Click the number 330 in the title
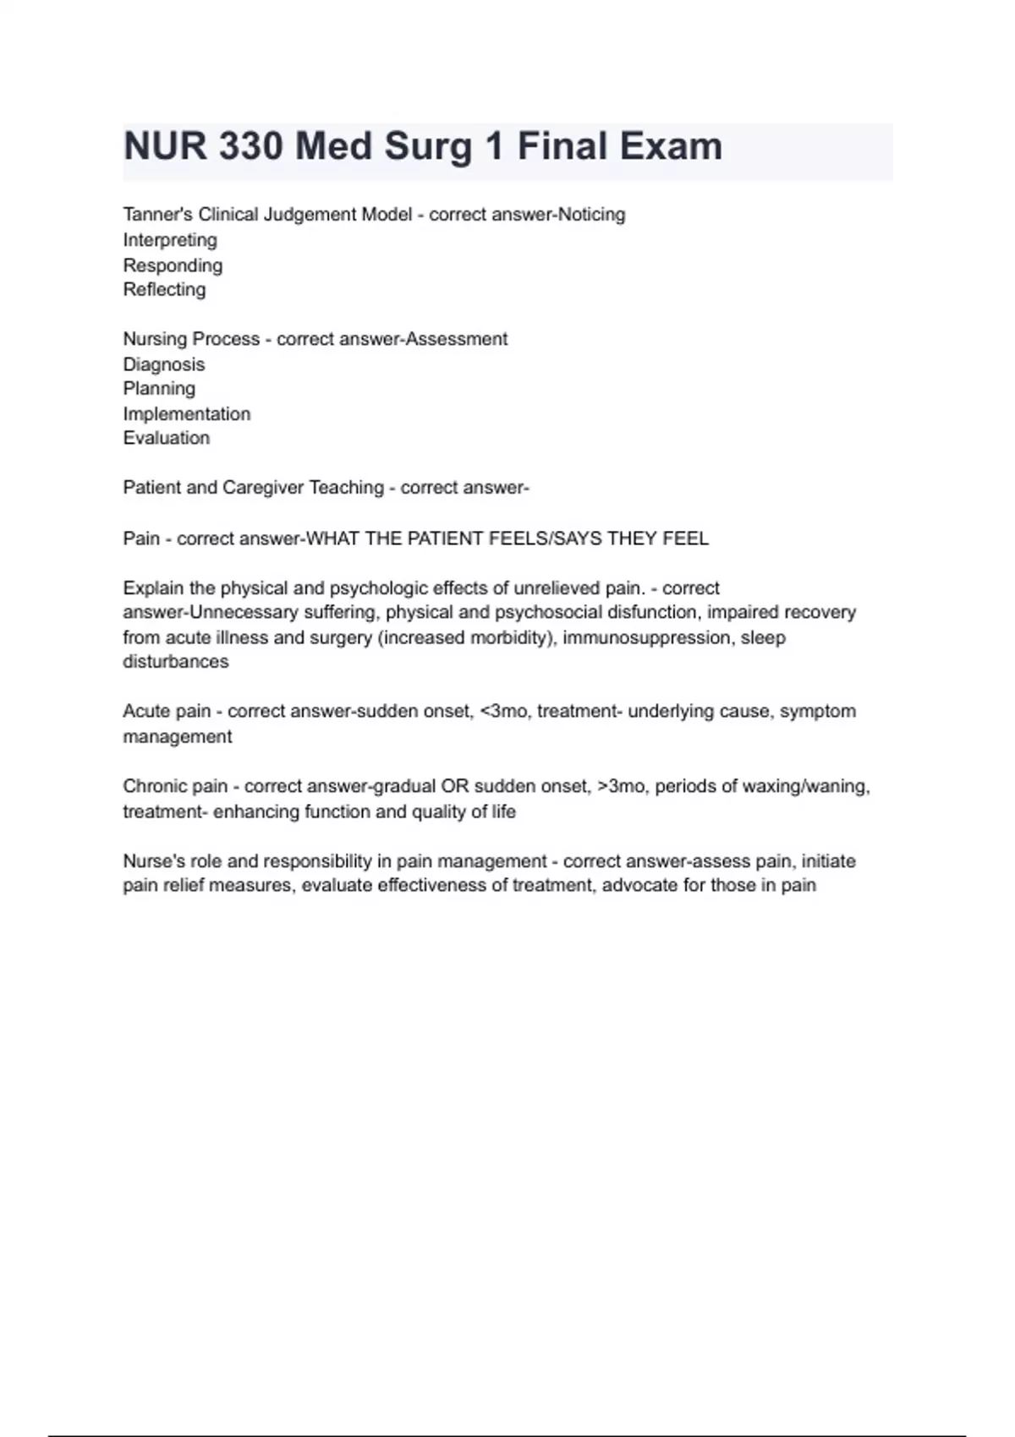point(250,146)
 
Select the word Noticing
point(592,215)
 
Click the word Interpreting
point(170,240)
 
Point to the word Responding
point(173,265)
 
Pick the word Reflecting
point(164,290)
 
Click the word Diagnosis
point(164,364)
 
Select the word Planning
point(159,389)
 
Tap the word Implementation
point(187,414)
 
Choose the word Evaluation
point(167,438)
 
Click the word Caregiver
point(263,488)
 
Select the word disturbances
point(176,662)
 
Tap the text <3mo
point(504,712)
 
